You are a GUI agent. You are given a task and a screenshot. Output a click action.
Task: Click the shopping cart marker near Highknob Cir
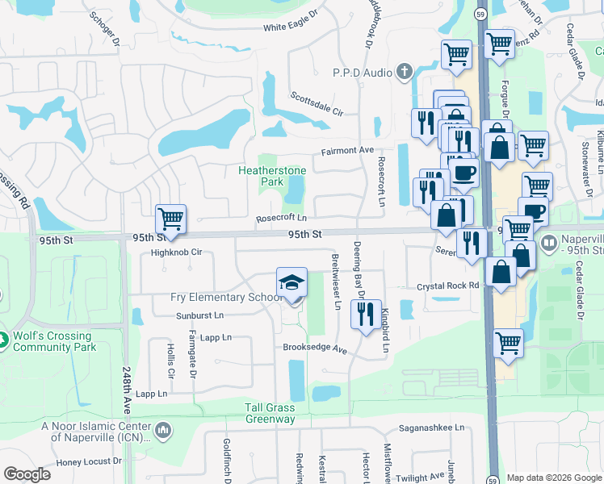point(170,219)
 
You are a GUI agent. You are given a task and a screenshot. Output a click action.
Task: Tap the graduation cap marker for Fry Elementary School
point(292,282)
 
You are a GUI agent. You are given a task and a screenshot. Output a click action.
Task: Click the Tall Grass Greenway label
point(271,413)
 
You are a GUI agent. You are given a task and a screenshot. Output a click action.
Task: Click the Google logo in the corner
point(27,474)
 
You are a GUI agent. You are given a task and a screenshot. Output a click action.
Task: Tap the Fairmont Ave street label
point(347,150)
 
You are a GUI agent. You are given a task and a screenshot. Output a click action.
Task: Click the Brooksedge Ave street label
point(314,349)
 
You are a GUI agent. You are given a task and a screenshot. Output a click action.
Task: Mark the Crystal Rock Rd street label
point(448,286)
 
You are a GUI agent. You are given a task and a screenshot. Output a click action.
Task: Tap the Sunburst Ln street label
point(200,315)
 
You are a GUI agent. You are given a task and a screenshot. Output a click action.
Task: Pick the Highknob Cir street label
point(176,252)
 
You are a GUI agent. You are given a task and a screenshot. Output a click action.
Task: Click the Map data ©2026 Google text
point(554,478)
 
